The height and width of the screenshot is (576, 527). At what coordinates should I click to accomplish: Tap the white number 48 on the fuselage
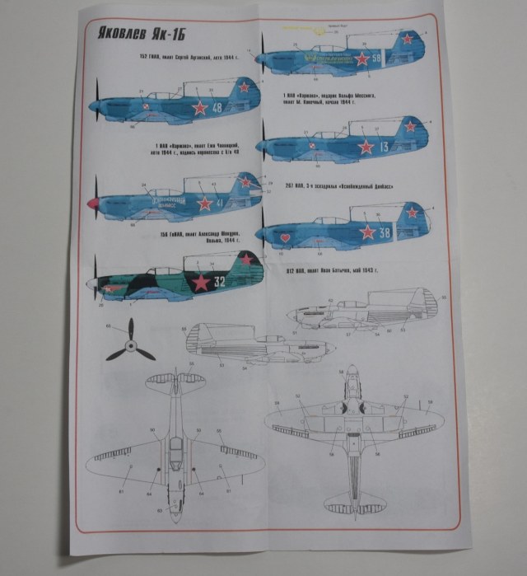click(x=217, y=108)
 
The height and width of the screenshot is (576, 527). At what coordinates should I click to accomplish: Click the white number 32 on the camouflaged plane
click(x=219, y=281)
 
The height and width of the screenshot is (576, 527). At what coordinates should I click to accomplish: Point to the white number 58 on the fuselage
click(x=376, y=59)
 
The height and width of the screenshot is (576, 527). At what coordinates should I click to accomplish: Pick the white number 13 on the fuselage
click(x=385, y=147)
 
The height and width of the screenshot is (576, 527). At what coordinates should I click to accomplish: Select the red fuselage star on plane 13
click(x=366, y=147)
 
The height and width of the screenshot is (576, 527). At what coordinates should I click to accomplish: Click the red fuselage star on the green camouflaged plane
click(x=200, y=282)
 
